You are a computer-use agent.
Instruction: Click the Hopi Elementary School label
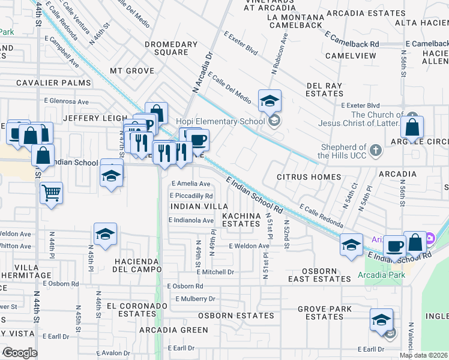(x=220, y=122)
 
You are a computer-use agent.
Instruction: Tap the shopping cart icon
(x=52, y=193)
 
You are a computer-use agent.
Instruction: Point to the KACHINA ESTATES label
(x=241, y=219)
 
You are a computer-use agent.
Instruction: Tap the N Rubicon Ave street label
(x=280, y=55)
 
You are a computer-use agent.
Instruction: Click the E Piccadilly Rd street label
(x=191, y=196)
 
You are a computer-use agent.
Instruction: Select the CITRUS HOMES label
(x=309, y=177)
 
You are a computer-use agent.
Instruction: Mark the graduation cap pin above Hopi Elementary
(x=270, y=100)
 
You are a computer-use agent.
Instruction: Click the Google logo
(x=20, y=352)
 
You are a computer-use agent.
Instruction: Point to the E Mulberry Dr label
(x=195, y=298)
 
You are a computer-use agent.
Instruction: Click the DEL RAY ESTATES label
(x=324, y=89)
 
